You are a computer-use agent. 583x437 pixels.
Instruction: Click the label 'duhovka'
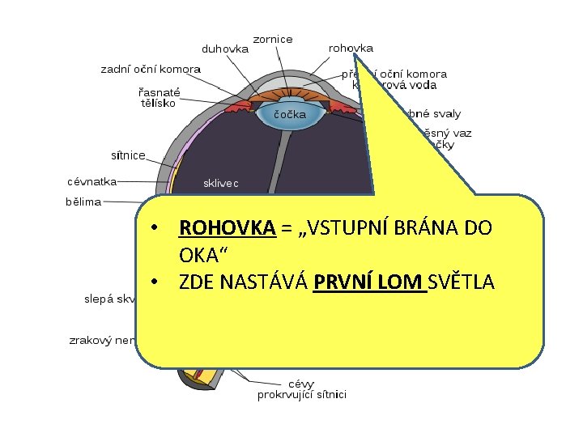point(224,49)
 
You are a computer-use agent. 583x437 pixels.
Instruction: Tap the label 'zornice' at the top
point(273,39)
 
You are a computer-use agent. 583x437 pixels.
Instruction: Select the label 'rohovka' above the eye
point(350,49)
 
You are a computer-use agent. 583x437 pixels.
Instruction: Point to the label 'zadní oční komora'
point(151,70)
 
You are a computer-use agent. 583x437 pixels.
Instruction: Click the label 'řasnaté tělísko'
point(159,97)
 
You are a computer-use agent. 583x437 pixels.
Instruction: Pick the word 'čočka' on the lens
point(290,114)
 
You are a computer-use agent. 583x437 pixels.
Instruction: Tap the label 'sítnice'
point(128,155)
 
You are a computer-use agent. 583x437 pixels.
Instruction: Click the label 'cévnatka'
point(91,181)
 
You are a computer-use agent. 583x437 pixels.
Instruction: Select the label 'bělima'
point(83,202)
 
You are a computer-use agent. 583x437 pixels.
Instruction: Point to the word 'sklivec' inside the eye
point(220,184)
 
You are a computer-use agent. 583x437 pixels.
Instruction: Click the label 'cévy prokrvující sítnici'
point(302,389)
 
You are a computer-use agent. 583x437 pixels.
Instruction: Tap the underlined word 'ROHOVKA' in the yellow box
point(228,227)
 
